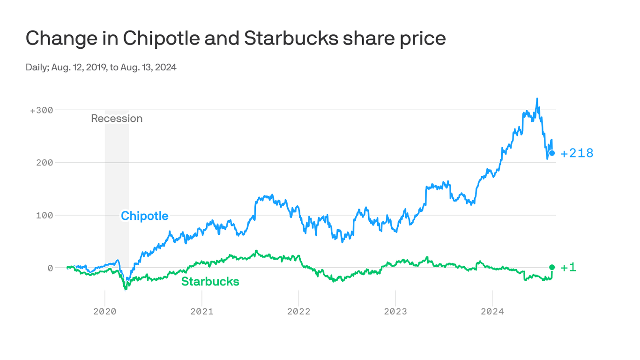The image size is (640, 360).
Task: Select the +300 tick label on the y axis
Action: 41,110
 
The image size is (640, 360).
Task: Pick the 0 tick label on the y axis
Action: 50,268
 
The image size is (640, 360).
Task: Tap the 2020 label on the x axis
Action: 105,311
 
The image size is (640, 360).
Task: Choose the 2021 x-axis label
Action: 202,311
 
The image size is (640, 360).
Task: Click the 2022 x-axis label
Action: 299,311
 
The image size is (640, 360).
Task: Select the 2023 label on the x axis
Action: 395,311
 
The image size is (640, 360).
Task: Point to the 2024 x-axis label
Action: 492,311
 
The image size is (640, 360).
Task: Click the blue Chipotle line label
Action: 144,216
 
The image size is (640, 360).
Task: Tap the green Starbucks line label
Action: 210,282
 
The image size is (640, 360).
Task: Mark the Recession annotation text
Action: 117,119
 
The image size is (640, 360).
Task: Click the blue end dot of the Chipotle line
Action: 552,153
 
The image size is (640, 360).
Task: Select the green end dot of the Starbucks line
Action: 552,267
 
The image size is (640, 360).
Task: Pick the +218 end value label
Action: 577,153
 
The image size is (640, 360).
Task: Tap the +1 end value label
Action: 568,267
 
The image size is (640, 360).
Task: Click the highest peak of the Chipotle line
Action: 537,98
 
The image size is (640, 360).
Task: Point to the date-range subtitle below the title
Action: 101,67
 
